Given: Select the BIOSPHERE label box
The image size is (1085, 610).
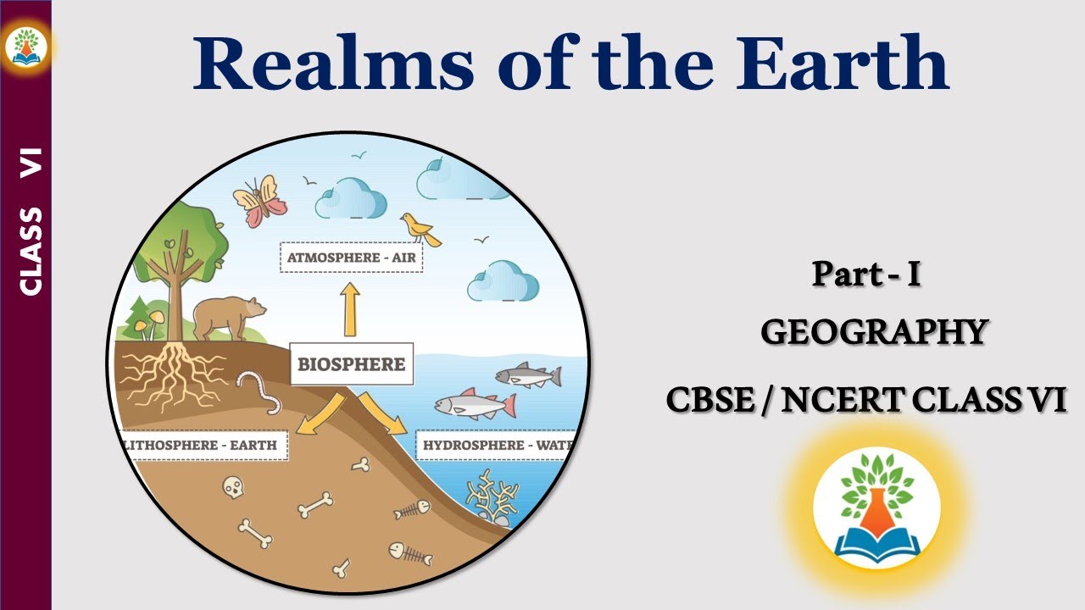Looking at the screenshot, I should (351, 365).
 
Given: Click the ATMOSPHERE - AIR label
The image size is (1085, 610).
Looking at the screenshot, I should (351, 258).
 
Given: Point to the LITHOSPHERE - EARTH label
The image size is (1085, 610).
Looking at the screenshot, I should (203, 446).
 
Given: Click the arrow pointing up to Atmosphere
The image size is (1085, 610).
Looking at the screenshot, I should (349, 310).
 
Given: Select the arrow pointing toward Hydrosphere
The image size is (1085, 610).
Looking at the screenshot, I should (382, 413).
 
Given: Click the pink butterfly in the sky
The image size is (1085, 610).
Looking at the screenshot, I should (260, 202).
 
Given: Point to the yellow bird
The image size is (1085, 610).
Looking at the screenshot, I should (420, 229).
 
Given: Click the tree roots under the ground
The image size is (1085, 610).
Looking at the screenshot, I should (173, 373).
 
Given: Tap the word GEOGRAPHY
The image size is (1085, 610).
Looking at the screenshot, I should (874, 331).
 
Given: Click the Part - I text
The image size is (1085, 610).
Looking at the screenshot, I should (865, 274).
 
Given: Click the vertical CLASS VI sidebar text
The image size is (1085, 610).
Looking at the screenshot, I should (31, 222).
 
